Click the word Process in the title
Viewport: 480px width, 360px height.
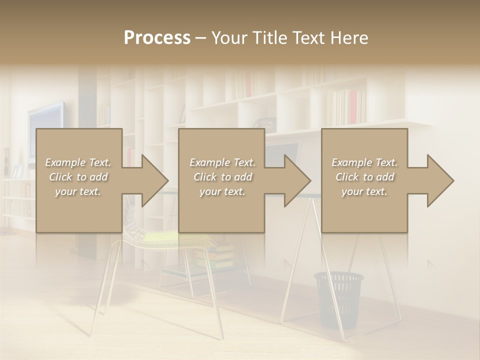tap(157, 38)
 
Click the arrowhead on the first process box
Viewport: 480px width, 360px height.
tap(152, 180)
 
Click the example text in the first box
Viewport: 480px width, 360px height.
tap(78, 177)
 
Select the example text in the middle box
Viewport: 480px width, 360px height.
tap(222, 177)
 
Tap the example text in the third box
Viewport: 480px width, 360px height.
tap(364, 177)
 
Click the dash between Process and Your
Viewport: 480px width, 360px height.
tap(200, 38)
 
